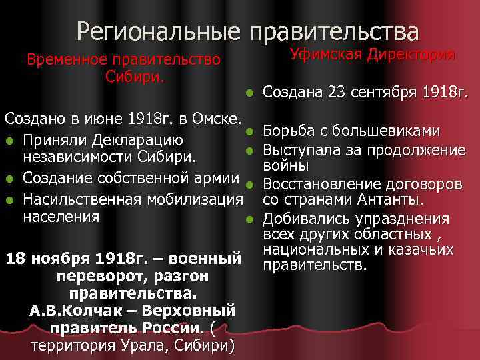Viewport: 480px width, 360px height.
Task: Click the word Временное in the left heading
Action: [66, 60]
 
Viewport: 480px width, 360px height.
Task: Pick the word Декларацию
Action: [137, 141]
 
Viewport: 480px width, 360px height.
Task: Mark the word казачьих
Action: [425, 251]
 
